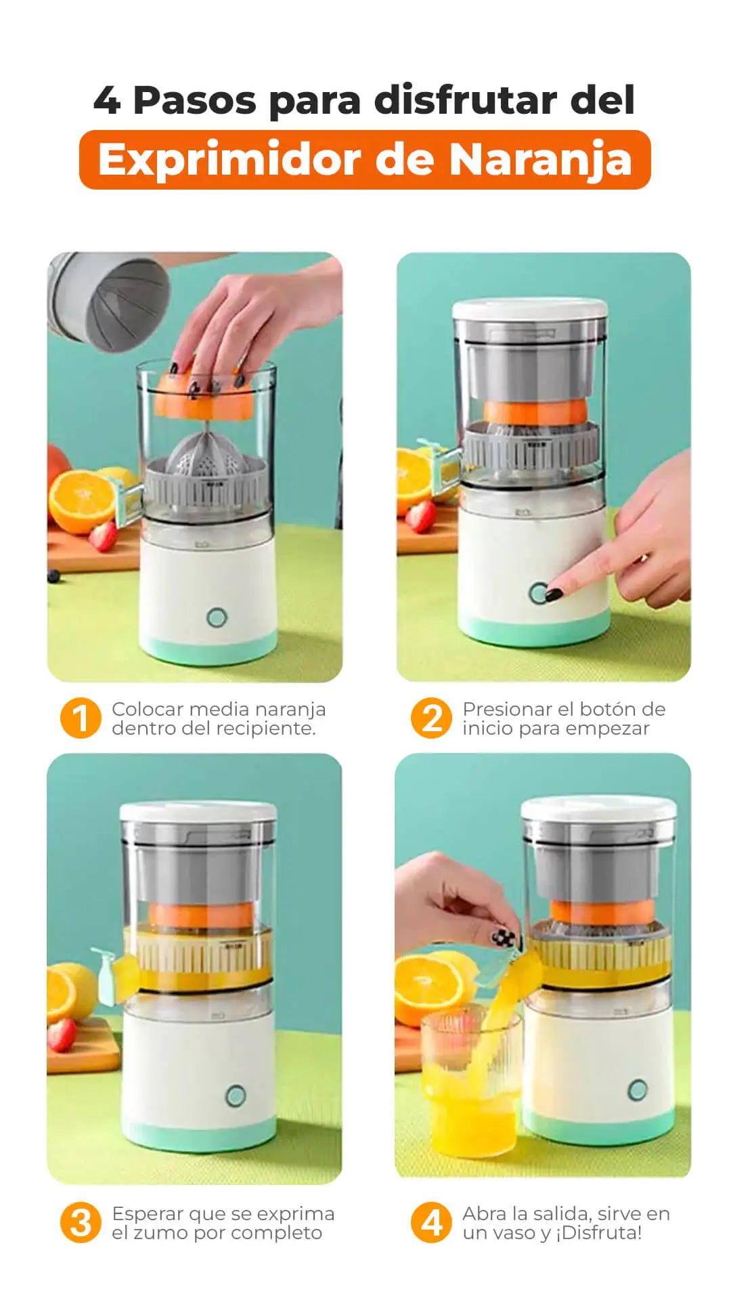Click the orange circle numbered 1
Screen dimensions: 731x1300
coord(81,718)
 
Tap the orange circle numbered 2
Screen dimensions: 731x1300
coord(431,718)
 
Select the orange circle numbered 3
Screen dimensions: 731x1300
coord(81,1223)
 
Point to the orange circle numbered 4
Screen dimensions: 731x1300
coord(431,1223)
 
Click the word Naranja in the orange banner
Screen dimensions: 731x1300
coord(540,160)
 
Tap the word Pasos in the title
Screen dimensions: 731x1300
coord(195,101)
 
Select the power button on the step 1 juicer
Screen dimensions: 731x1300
coord(217,617)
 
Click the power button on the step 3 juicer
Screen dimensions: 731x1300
coord(235,1096)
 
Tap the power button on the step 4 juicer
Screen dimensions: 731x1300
coord(637,1089)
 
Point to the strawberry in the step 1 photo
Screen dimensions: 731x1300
coord(103,536)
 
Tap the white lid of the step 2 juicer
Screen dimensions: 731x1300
coord(530,309)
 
